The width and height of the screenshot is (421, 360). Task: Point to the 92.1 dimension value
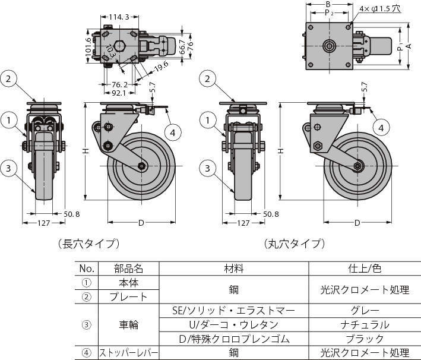[118, 93]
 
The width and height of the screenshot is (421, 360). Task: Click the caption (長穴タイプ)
[89, 244]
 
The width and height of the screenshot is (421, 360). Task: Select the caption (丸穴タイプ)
[295, 244]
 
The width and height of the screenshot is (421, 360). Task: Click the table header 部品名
[128, 269]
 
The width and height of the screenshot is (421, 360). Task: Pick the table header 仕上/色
[366, 269]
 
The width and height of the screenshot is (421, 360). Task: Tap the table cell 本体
[128, 283]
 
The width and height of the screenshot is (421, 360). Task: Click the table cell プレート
[128, 296]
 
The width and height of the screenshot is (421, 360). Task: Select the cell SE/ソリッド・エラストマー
[233, 311]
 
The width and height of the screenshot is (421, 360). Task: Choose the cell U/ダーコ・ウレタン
[233, 325]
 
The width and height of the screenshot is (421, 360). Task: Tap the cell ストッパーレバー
[128, 353]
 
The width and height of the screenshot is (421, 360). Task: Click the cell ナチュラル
[366, 325]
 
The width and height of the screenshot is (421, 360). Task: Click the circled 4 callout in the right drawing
[382, 127]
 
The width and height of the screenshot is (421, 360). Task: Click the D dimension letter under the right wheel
[357, 223]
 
